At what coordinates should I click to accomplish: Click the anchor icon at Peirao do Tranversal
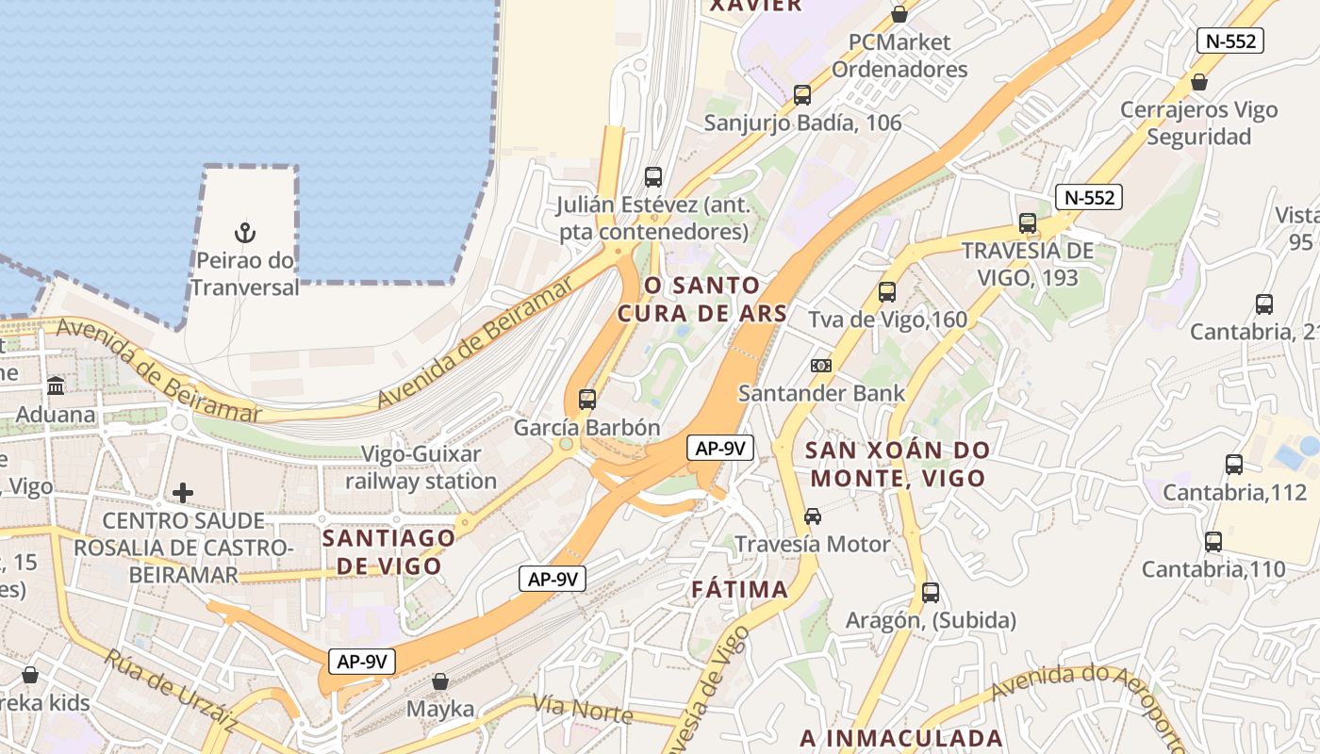coord(245,231)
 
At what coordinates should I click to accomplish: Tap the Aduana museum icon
coord(56,385)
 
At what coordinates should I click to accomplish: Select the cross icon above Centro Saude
coord(183,492)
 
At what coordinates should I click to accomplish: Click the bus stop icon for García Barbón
coord(587,400)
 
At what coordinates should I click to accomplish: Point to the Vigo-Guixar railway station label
coord(421,467)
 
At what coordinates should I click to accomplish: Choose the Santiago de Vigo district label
coord(388,551)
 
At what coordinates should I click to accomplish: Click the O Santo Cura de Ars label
coord(701,299)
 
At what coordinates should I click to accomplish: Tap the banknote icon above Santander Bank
coord(821,366)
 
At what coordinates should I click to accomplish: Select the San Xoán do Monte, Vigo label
coord(898,464)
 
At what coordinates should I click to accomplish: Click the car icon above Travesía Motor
coord(813,516)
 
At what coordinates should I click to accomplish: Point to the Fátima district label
coord(739,590)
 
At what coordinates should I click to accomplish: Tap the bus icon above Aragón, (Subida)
coord(931,593)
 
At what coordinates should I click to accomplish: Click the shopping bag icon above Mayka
coord(440,680)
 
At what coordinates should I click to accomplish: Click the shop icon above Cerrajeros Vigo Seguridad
coord(1199,82)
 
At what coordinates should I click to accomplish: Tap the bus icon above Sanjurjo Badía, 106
coord(802,94)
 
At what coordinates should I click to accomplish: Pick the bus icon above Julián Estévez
coord(653,176)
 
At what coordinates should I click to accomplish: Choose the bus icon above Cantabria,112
coord(1234,464)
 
